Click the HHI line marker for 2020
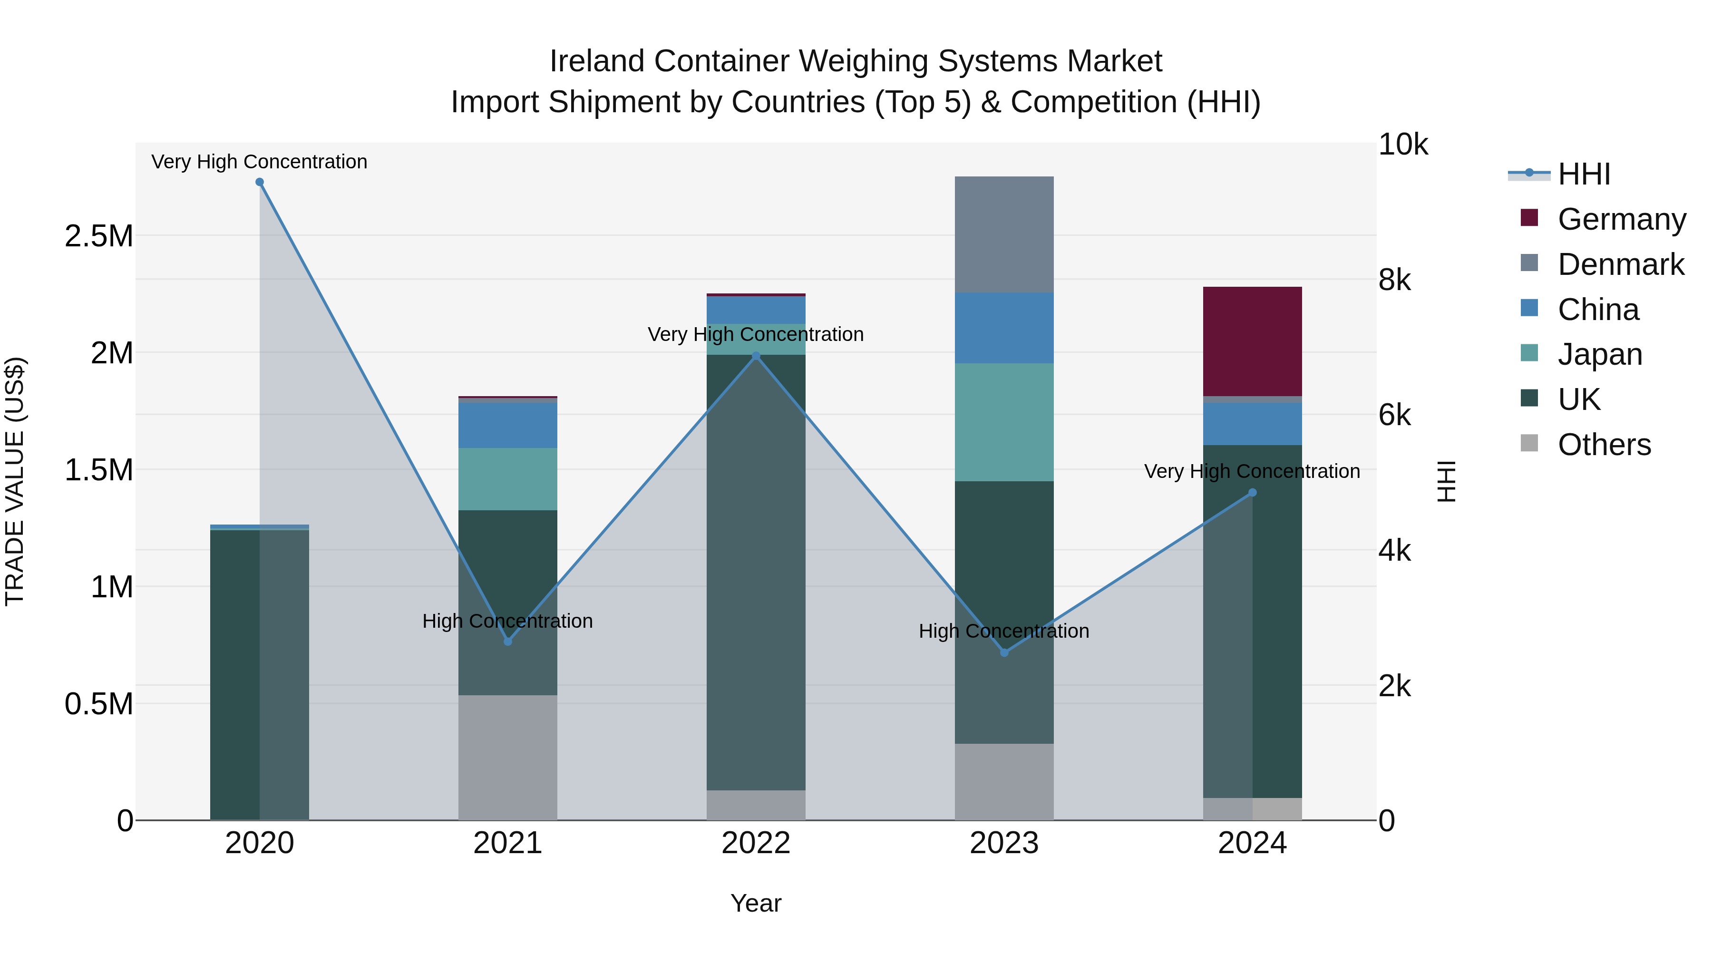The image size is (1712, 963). tap(260, 182)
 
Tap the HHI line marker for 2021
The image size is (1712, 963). tap(508, 642)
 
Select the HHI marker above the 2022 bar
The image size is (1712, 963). tap(756, 356)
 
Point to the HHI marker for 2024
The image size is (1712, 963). tap(1252, 493)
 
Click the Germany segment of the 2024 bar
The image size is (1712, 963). tap(1252, 341)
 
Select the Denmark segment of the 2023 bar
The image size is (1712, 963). tap(1004, 234)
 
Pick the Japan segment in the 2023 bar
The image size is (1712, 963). tap(1004, 422)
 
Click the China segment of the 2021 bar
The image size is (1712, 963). tap(508, 425)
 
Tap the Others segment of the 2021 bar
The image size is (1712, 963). tap(508, 758)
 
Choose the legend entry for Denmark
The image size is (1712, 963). tap(1620, 264)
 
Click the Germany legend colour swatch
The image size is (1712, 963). tap(1529, 218)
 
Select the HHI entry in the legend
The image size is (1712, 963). tap(1583, 174)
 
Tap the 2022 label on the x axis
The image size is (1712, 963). tap(756, 843)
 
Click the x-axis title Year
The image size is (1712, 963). tap(756, 903)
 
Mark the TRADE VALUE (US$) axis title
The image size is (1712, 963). tap(15, 481)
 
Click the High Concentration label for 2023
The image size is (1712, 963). tap(1003, 631)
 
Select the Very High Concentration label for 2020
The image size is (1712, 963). tap(259, 162)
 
